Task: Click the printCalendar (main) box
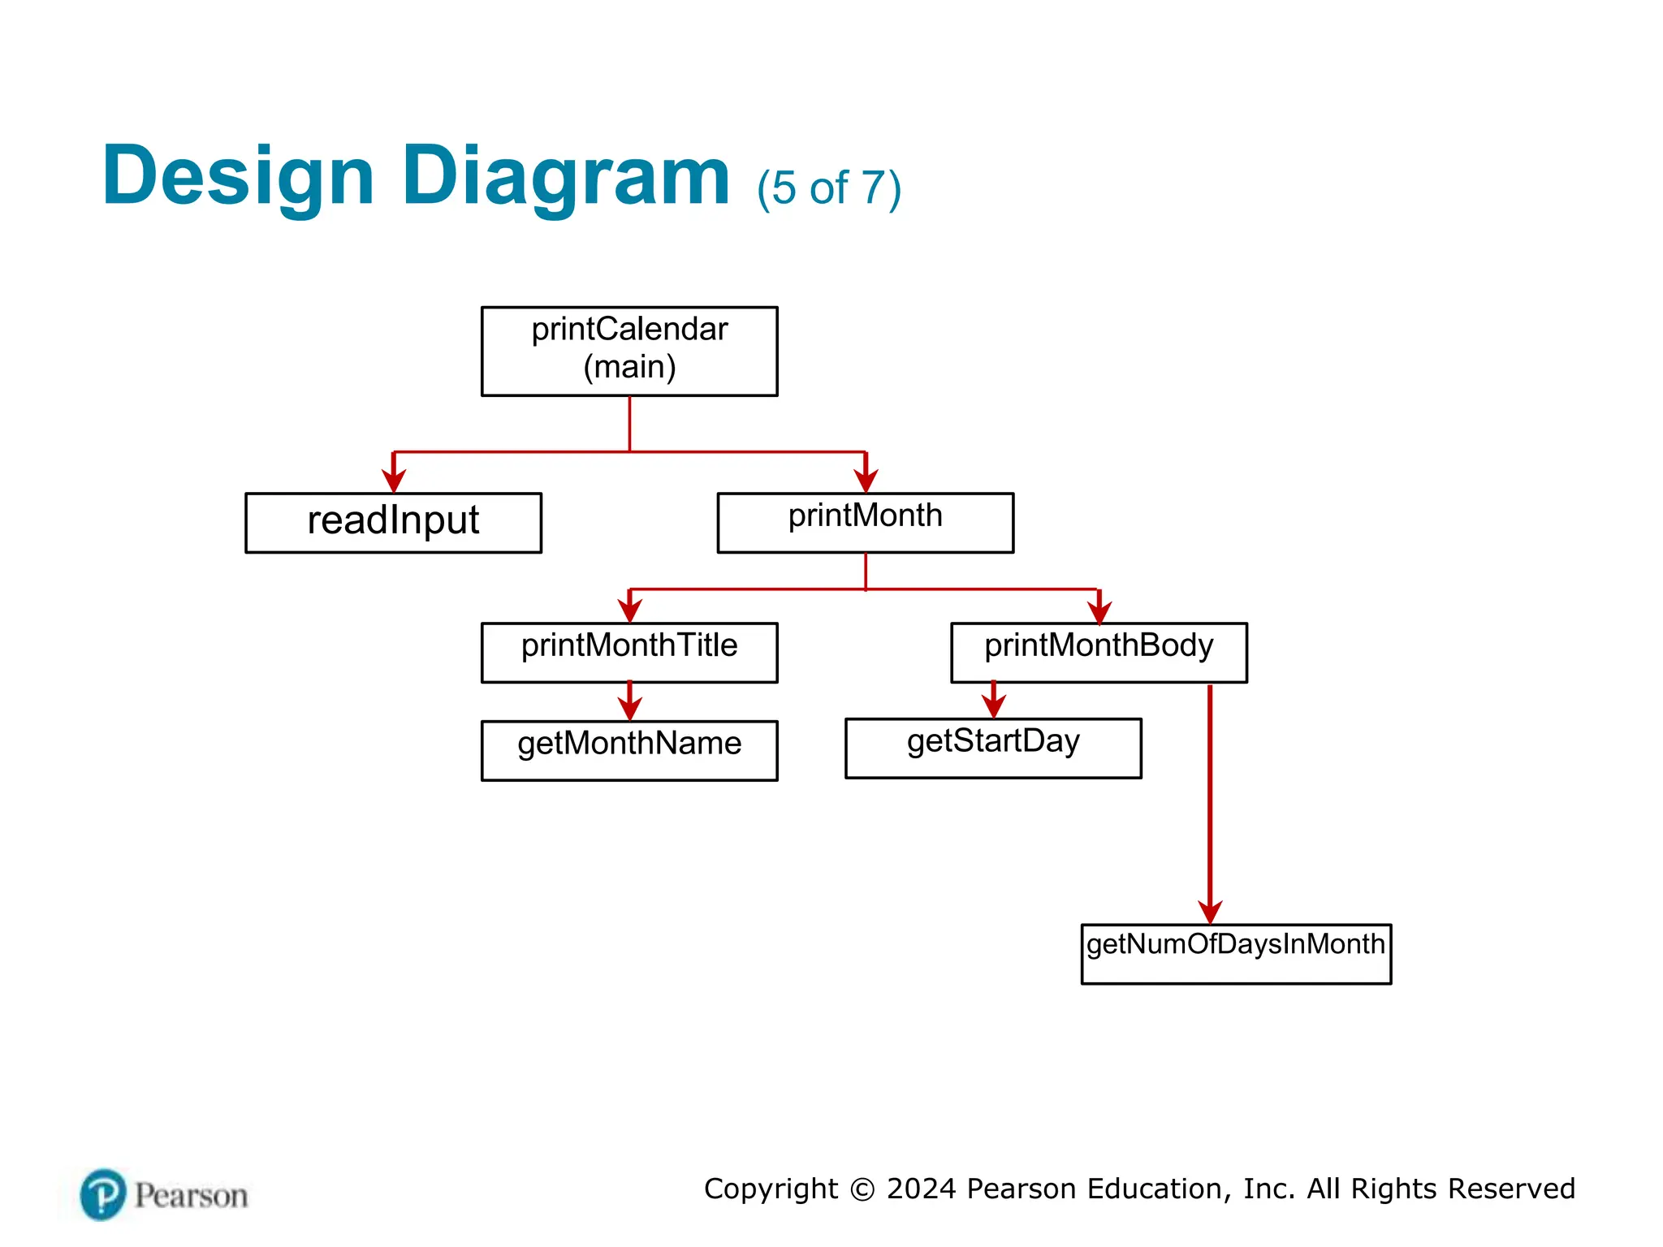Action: click(629, 351)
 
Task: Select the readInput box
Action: click(393, 522)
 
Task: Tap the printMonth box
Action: click(865, 522)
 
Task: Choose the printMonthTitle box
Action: click(629, 652)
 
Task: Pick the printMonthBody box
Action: click(1099, 652)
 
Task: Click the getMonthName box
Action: click(629, 750)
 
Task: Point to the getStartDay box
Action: click(993, 748)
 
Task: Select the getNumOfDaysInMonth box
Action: click(1236, 954)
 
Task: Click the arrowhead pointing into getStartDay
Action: click(994, 706)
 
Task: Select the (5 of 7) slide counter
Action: click(829, 188)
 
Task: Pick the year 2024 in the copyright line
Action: click(922, 1189)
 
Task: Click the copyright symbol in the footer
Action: click(862, 1189)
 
